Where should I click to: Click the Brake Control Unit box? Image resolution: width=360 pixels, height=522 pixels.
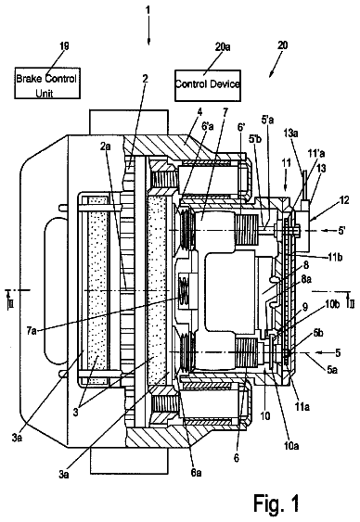(x=47, y=83)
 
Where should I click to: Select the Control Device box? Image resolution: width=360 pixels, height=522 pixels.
(x=208, y=85)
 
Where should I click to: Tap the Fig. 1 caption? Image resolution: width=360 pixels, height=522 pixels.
(x=276, y=503)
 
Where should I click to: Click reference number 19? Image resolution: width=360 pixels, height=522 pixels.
(x=64, y=45)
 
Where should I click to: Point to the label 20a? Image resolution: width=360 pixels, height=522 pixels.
(x=223, y=46)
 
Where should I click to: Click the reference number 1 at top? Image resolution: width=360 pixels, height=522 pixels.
(x=148, y=9)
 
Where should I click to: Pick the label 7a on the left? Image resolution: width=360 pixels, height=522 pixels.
(x=32, y=331)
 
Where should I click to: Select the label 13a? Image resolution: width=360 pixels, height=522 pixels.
(x=290, y=134)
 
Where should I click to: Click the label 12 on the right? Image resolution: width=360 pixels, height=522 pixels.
(x=344, y=199)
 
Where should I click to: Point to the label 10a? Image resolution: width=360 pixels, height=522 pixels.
(x=291, y=446)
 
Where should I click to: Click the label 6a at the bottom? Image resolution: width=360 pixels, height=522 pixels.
(x=196, y=472)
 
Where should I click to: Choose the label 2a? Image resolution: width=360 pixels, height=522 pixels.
(x=106, y=146)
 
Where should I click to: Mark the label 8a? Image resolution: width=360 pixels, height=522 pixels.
(x=306, y=279)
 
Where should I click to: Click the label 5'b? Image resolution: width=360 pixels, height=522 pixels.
(x=255, y=139)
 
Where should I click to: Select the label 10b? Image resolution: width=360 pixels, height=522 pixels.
(x=332, y=305)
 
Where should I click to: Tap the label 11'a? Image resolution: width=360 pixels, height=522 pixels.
(x=316, y=153)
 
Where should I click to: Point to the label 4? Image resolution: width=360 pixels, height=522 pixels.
(x=199, y=111)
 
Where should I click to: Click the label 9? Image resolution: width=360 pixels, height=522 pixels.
(x=305, y=306)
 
